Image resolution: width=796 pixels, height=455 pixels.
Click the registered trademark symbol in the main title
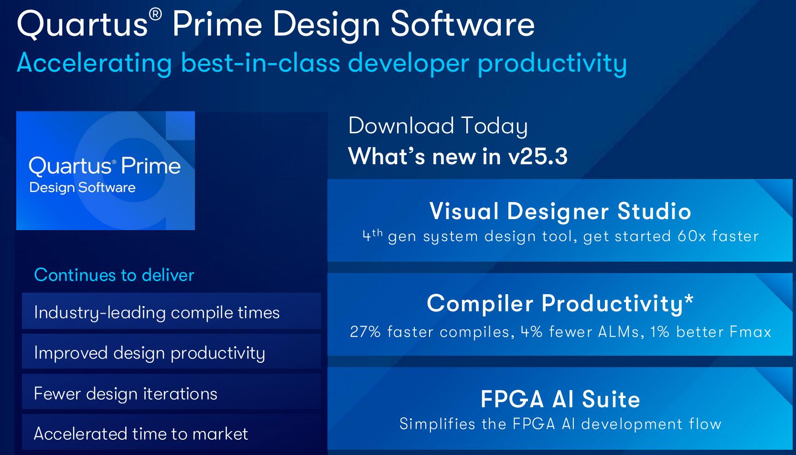155,15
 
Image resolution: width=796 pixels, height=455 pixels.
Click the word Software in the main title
463,24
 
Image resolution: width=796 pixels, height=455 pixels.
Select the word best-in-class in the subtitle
260,63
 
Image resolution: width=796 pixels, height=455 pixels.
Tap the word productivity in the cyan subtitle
552,64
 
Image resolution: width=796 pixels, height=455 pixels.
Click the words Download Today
438,126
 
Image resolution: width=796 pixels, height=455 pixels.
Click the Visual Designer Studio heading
560,212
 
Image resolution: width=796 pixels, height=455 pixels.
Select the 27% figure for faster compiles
366,332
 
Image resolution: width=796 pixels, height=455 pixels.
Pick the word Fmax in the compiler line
750,332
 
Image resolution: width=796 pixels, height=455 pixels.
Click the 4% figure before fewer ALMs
532,332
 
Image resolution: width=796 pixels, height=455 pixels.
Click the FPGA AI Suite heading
560,399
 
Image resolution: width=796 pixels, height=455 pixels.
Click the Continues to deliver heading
114,275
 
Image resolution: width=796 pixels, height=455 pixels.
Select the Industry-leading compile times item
157,313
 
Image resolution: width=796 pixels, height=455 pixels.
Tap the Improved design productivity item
150,353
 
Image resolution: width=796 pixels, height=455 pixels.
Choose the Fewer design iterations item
126,394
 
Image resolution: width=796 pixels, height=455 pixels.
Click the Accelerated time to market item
141,434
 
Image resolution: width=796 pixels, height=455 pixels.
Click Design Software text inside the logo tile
83,188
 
